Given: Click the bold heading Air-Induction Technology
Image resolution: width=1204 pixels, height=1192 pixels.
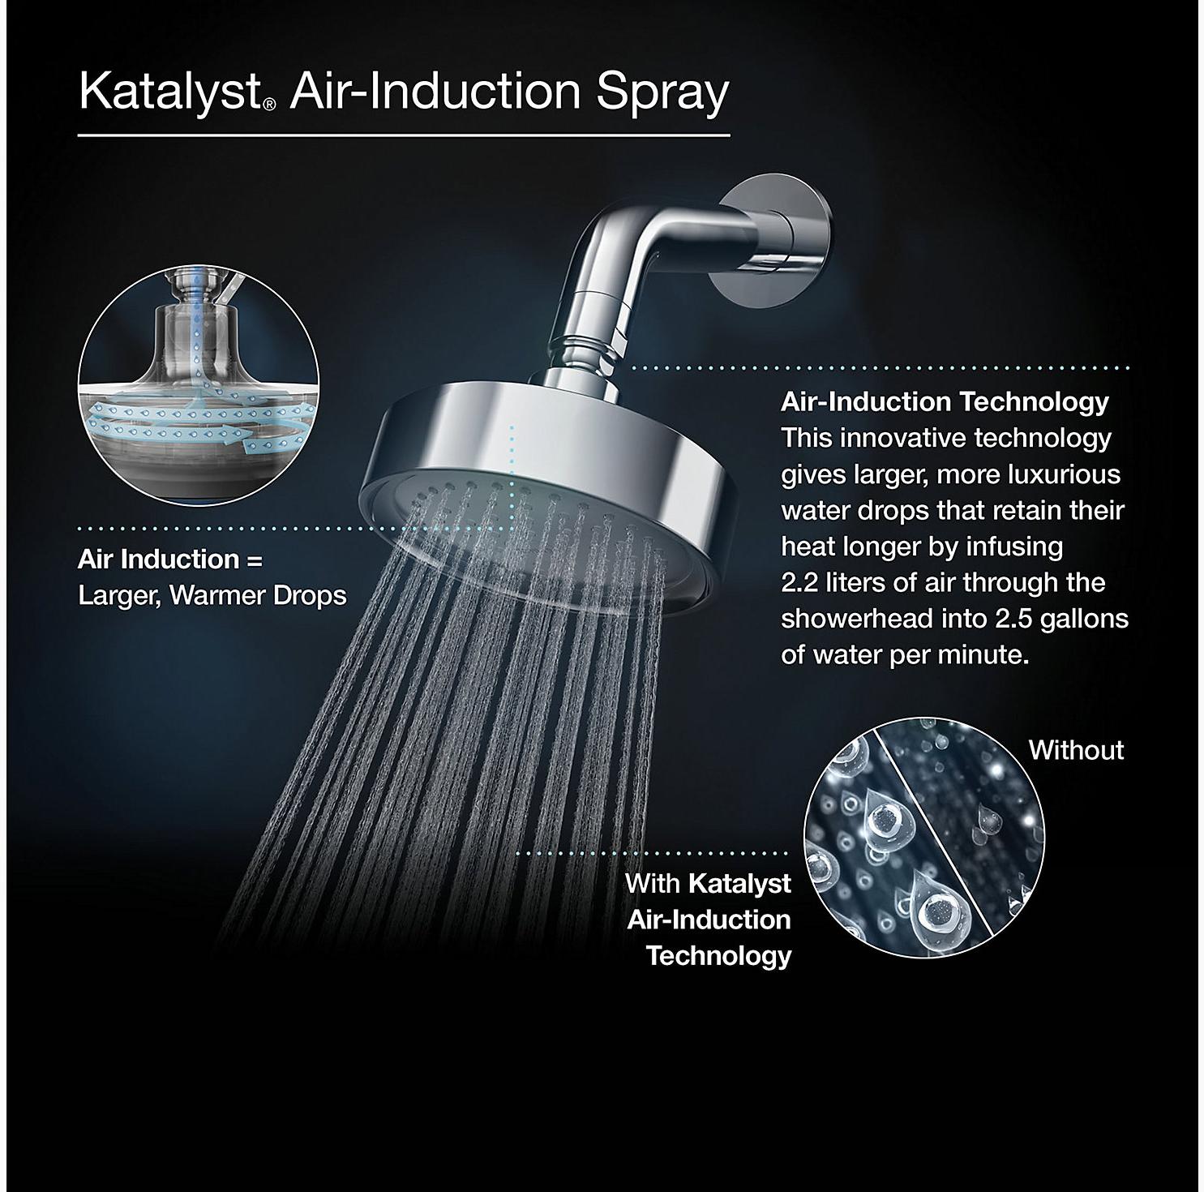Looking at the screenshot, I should pyautogui.click(x=945, y=401).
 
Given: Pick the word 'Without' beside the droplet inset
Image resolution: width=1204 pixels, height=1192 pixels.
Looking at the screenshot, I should pyautogui.click(x=1076, y=750).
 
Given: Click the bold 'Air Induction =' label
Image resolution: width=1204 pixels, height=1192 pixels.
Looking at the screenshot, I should pyautogui.click(x=170, y=560).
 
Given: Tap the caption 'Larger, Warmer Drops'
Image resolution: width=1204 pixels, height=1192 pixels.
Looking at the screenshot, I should pyautogui.click(x=212, y=596).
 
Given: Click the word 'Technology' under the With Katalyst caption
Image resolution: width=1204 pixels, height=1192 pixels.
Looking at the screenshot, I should pyautogui.click(x=718, y=955).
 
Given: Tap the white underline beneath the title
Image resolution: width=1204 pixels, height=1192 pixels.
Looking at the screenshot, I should pyautogui.click(x=404, y=134).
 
